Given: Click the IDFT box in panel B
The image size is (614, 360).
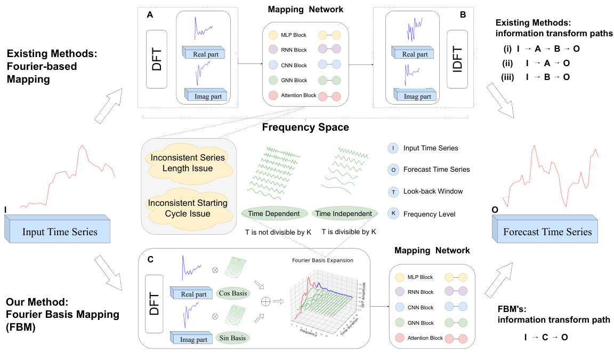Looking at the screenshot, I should point(457,59).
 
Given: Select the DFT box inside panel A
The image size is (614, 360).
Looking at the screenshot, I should point(157,59).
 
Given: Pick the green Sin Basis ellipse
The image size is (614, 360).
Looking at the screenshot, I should point(235,337).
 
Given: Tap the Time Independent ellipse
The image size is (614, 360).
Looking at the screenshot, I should point(344,214).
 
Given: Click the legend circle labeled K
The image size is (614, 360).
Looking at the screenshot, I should point(393,214).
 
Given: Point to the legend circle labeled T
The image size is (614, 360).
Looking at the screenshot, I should point(393,191).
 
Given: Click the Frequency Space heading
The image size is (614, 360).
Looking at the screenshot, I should point(305,127).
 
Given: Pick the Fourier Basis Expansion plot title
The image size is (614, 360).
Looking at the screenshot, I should point(330,260).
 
